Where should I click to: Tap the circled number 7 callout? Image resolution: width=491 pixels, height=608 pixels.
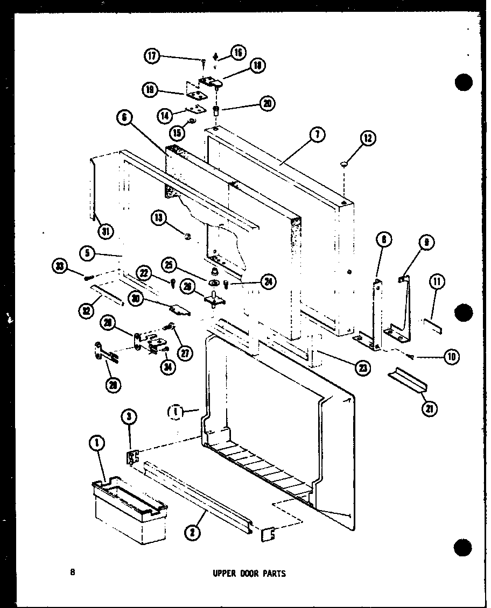317,136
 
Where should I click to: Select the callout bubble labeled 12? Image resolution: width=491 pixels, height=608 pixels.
368,139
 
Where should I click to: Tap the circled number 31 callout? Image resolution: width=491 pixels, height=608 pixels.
107,232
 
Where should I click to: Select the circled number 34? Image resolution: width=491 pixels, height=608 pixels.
169,367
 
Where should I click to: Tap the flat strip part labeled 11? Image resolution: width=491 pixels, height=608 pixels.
432,325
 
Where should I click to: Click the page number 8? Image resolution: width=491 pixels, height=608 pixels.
72,572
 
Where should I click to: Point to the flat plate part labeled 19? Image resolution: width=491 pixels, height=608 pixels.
198,95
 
